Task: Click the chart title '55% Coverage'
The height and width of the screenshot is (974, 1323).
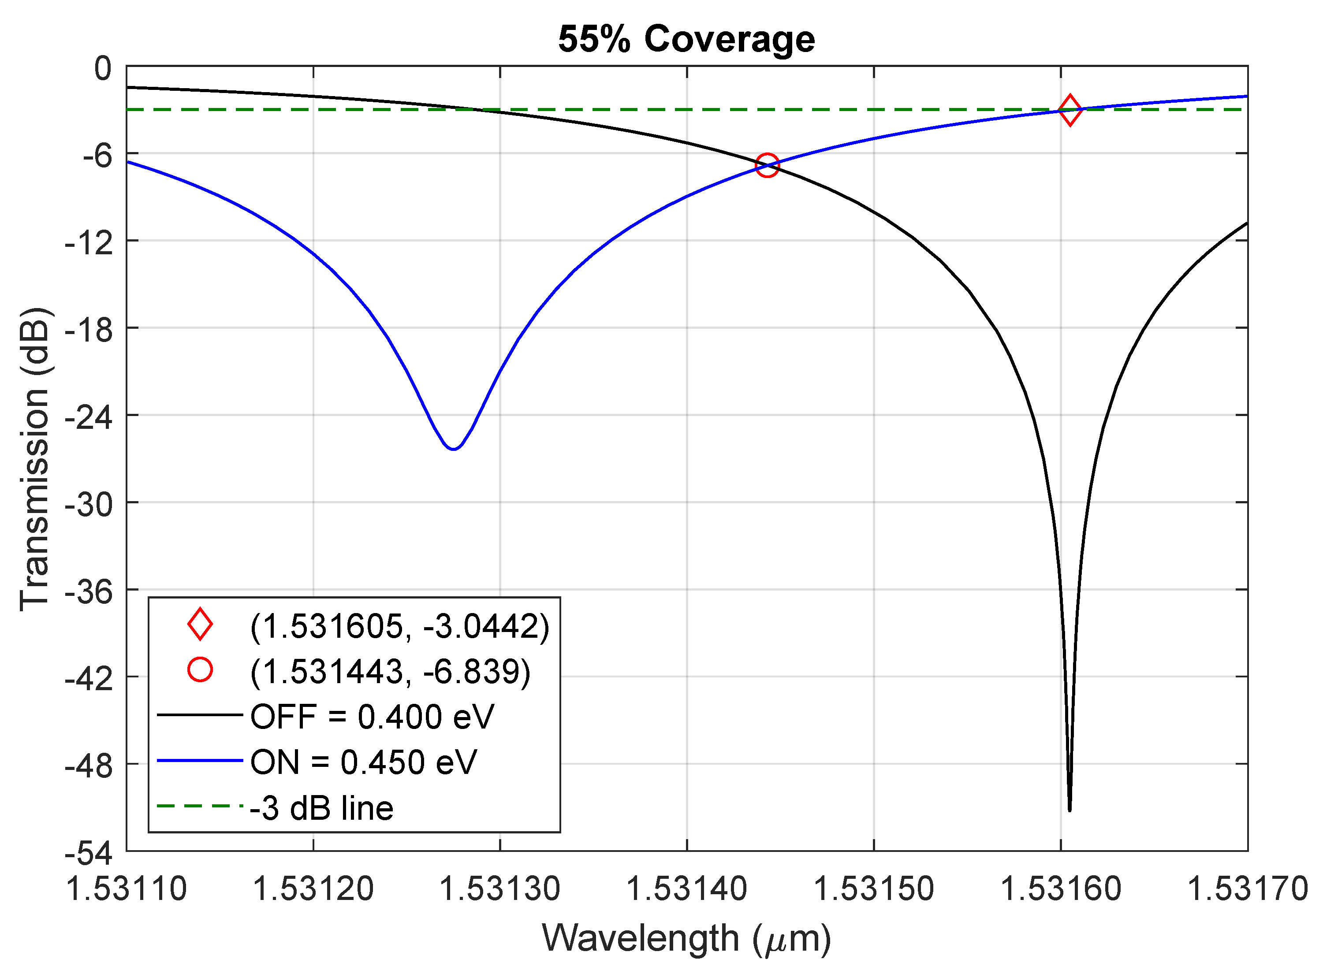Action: pyautogui.click(x=686, y=40)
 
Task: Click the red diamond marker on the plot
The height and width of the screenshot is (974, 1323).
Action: pyautogui.click(x=1070, y=110)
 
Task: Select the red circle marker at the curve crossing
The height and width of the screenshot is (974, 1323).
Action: pyautogui.click(x=767, y=166)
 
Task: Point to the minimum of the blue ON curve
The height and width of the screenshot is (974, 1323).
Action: pyautogui.click(x=453, y=449)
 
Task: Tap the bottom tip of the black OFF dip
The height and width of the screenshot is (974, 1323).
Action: pyautogui.click(x=1070, y=810)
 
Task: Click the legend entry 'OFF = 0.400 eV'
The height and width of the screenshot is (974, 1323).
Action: pyautogui.click(x=372, y=717)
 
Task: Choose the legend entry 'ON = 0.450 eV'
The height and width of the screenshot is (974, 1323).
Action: pyautogui.click(x=363, y=762)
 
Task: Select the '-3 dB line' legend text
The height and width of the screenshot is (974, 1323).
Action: pyautogui.click(x=321, y=808)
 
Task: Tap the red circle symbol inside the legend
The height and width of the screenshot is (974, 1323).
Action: pyautogui.click(x=200, y=670)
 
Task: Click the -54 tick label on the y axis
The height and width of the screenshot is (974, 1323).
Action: pyautogui.click(x=89, y=854)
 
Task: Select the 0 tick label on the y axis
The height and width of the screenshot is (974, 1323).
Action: pyautogui.click(x=103, y=69)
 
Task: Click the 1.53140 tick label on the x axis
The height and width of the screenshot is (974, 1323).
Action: pyautogui.click(x=686, y=888)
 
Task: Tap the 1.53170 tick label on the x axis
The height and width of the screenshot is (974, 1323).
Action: pyautogui.click(x=1247, y=888)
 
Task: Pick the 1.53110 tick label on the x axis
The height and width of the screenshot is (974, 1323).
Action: pyautogui.click(x=126, y=888)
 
